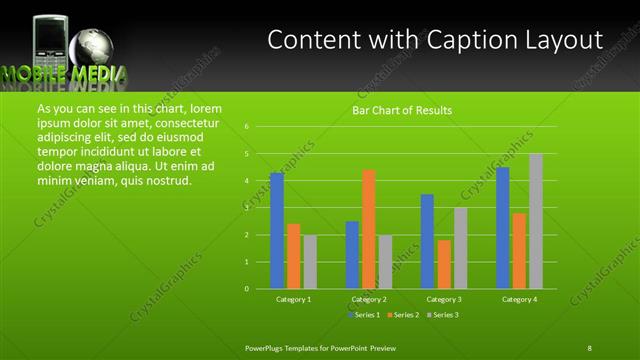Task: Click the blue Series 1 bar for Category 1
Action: point(277,230)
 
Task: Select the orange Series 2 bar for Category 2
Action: point(369,229)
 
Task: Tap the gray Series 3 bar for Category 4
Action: point(536,221)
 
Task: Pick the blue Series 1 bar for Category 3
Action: point(427,241)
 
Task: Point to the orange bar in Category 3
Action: point(444,264)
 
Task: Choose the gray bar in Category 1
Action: point(310,261)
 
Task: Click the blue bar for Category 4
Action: point(502,227)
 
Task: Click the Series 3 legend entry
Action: point(445,315)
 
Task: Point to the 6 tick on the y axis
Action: point(246,127)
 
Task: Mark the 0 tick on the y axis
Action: point(246,289)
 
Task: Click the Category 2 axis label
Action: point(369,299)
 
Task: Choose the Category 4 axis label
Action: point(519,299)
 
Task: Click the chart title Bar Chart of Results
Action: point(402,110)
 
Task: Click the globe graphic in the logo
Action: point(96,46)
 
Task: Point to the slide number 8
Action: point(589,347)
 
